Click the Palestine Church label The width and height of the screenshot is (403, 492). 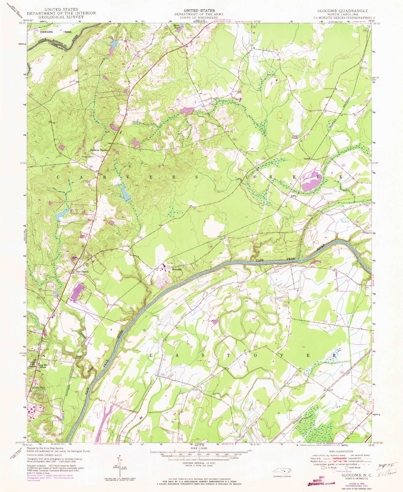click(99, 150)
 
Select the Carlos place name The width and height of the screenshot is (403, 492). click(307, 159)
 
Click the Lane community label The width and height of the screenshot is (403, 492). click(293, 196)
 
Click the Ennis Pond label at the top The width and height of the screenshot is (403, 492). click(176, 26)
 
